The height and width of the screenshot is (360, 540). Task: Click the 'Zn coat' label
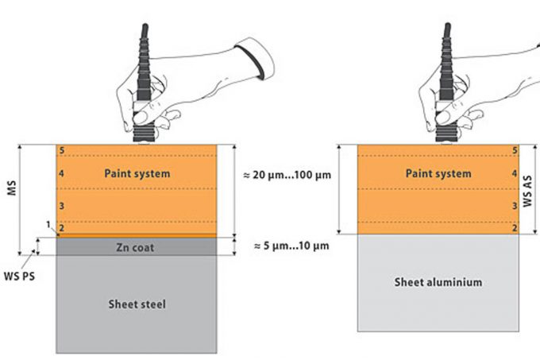136,247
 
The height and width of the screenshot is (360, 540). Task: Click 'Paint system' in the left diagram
137,172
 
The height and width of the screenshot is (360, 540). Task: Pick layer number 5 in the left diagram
61,149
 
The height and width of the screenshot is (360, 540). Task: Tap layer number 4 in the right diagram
515,172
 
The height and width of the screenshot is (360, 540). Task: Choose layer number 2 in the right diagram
515,229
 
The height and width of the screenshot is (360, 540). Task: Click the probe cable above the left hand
144,36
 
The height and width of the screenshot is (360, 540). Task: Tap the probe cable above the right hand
446,36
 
